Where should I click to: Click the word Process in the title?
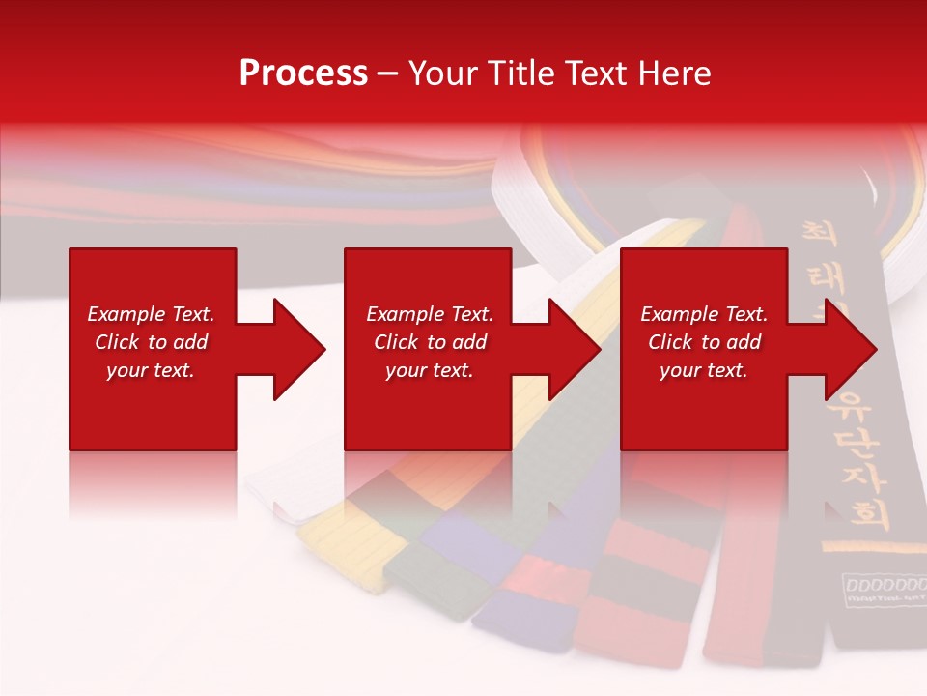point(303,73)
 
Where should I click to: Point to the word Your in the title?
point(441,73)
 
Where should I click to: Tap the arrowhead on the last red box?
point(846,349)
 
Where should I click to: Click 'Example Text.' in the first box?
point(152,314)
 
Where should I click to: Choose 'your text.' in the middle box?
point(430,370)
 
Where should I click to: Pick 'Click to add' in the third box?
point(705,342)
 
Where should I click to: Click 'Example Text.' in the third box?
point(705,314)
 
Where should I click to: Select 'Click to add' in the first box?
point(152,342)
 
